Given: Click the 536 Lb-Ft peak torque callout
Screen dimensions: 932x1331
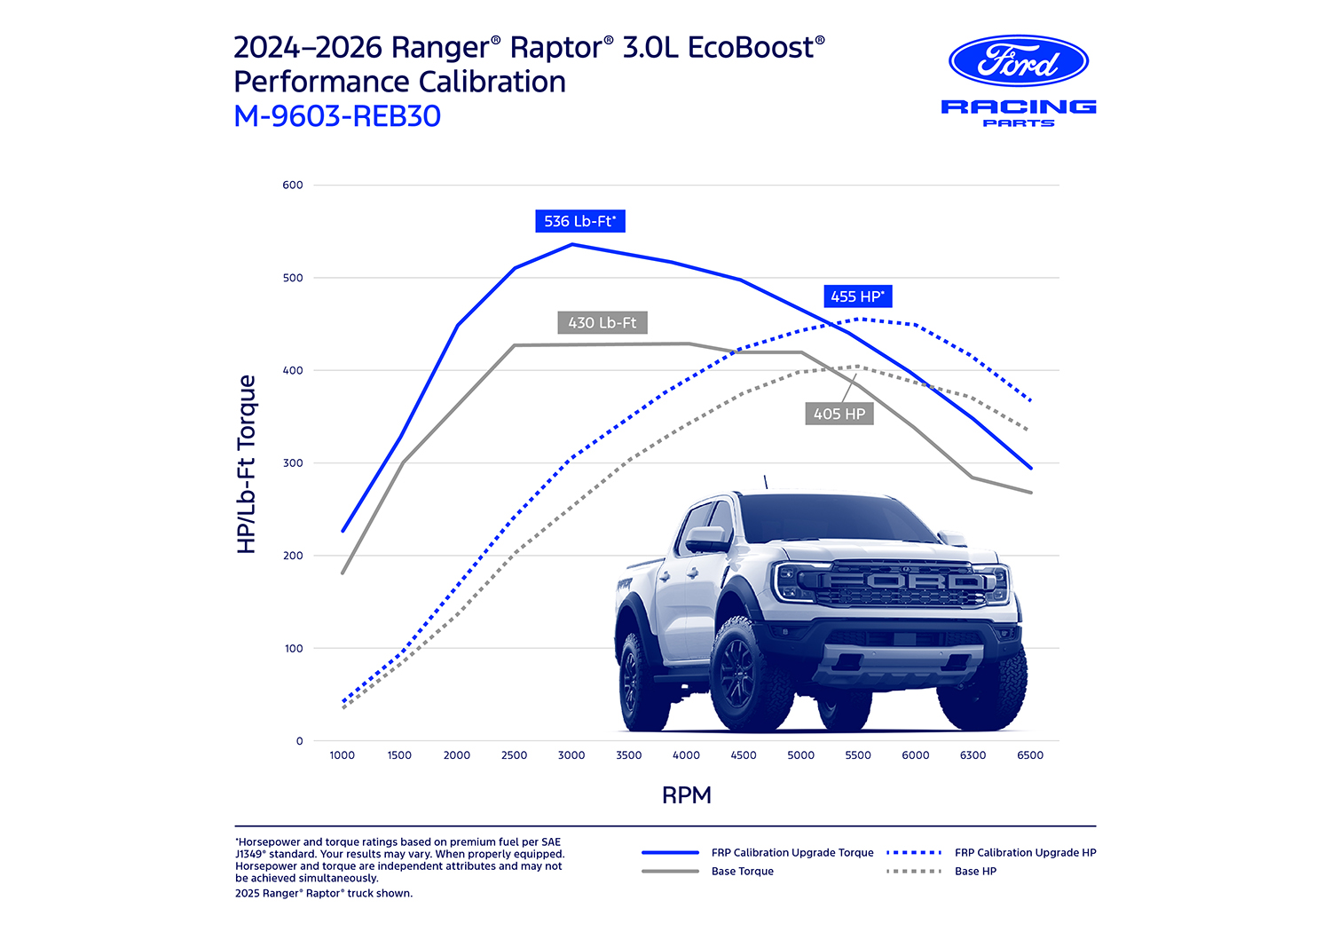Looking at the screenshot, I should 580,221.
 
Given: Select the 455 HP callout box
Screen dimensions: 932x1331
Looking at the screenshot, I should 857,296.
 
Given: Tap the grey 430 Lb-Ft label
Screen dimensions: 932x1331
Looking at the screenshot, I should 602,323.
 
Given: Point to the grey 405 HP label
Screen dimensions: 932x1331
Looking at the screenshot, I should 839,414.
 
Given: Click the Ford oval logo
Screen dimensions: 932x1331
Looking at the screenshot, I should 1019,61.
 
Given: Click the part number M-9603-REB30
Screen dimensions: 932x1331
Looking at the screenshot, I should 337,116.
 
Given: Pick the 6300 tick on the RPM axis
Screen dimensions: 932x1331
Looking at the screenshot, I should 973,755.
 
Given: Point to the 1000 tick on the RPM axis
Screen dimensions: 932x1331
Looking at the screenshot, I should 343,755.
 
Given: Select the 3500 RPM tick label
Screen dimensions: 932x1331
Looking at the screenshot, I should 629,755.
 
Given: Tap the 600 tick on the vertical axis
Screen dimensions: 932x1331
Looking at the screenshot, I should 293,186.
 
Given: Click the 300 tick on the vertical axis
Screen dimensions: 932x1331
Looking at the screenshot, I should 293,463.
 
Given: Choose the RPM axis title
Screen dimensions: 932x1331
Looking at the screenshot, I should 687,795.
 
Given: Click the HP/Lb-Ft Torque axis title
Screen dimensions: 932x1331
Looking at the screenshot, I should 247,463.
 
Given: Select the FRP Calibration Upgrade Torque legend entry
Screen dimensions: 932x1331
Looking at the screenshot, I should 792,853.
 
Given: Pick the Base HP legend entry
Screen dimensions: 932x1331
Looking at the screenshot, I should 975,872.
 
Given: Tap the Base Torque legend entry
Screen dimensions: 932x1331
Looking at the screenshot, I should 742,872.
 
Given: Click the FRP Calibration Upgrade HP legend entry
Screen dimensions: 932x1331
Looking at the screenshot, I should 1025,853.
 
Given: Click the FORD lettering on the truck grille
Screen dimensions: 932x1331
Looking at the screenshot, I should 902,582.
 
